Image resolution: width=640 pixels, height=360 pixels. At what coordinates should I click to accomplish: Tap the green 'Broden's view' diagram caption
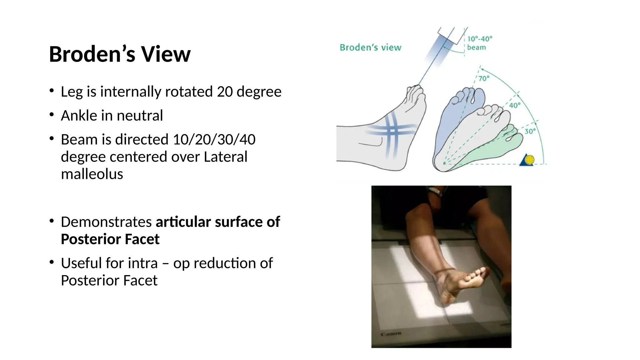370,47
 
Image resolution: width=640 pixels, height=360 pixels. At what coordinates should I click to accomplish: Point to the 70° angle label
484,78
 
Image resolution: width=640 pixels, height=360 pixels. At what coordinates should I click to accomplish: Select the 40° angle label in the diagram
515,105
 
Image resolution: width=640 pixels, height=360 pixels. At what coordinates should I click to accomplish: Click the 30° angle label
530,131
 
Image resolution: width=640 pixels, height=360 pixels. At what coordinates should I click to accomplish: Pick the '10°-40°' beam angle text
480,39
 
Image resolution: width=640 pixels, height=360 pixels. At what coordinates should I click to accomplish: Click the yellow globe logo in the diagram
529,160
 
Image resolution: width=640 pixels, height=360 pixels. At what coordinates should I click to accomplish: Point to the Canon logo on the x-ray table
391,334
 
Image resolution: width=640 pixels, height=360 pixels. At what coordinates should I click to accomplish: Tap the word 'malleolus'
92,174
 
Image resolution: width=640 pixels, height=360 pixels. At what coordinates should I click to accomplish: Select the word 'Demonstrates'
106,222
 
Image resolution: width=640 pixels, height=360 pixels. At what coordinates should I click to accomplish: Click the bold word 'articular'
183,222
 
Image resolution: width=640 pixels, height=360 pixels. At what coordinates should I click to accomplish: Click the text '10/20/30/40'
214,139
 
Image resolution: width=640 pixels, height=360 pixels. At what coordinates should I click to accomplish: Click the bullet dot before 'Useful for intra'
52,262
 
